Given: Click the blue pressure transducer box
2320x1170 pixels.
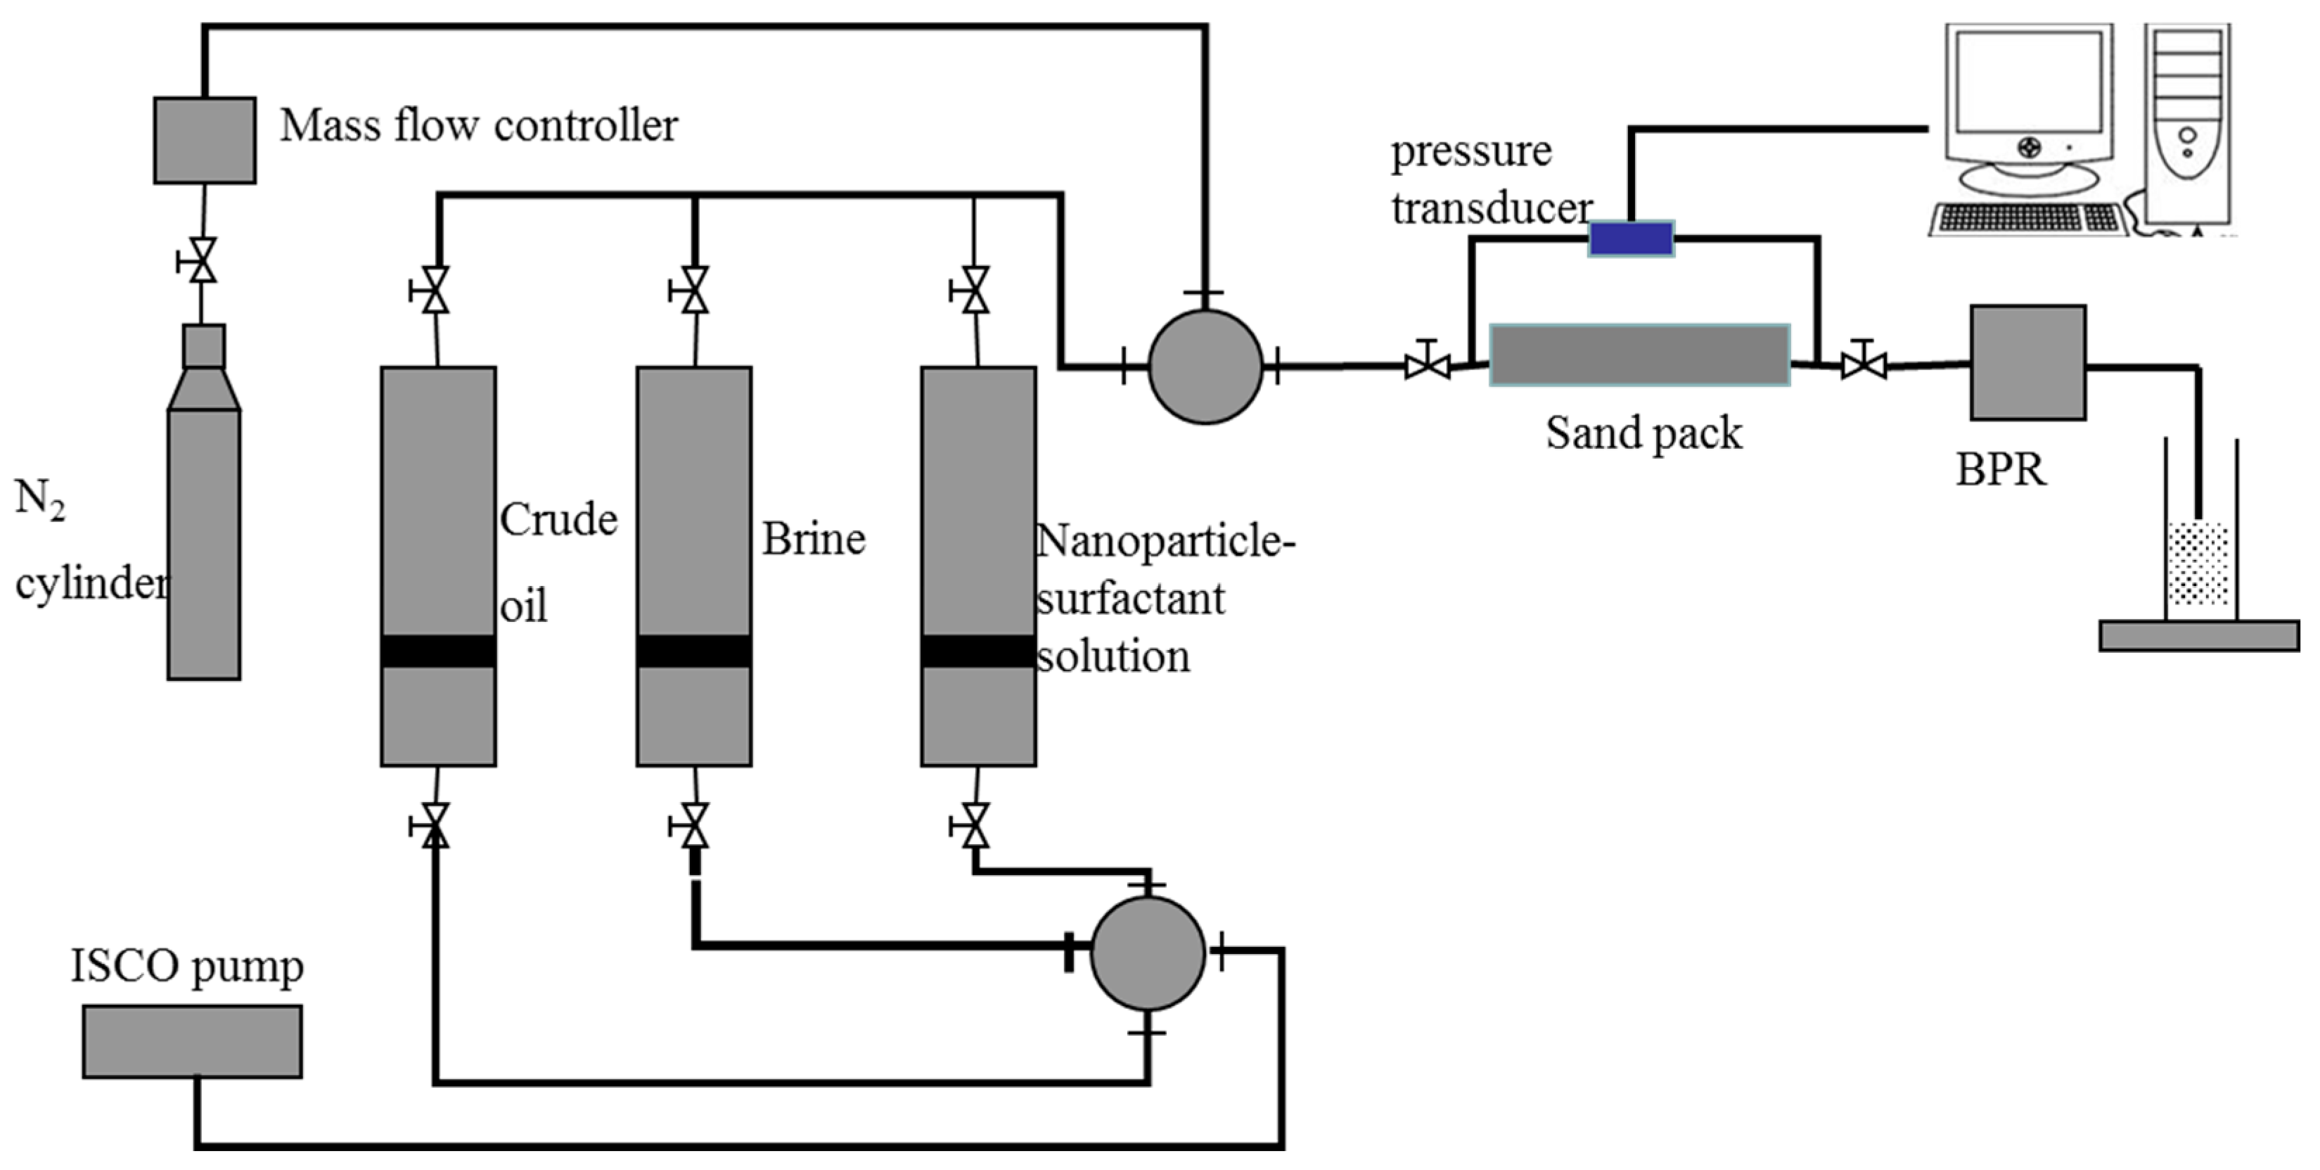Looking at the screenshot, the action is tap(1631, 239).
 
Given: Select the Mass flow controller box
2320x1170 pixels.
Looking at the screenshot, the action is tap(205, 141).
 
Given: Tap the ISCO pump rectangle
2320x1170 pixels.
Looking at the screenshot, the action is tap(193, 1041).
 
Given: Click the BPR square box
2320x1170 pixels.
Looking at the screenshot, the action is tap(2028, 363).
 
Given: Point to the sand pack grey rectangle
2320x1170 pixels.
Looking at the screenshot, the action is tap(1639, 355).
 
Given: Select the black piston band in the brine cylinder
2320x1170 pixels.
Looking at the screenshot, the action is tap(694, 651).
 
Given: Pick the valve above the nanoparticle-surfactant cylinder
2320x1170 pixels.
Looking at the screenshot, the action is tap(973, 290).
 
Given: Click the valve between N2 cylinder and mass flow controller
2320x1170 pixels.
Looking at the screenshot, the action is tap(202, 260).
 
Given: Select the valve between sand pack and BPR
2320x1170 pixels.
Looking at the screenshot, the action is tap(1862, 363).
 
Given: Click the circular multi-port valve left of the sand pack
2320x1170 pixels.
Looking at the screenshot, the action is tap(1205, 367).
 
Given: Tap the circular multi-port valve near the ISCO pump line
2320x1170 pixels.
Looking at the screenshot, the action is tap(1148, 953).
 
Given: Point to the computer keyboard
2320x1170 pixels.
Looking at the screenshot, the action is tap(2028, 219).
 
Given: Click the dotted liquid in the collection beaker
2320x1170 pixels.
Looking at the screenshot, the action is tap(2198, 565).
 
